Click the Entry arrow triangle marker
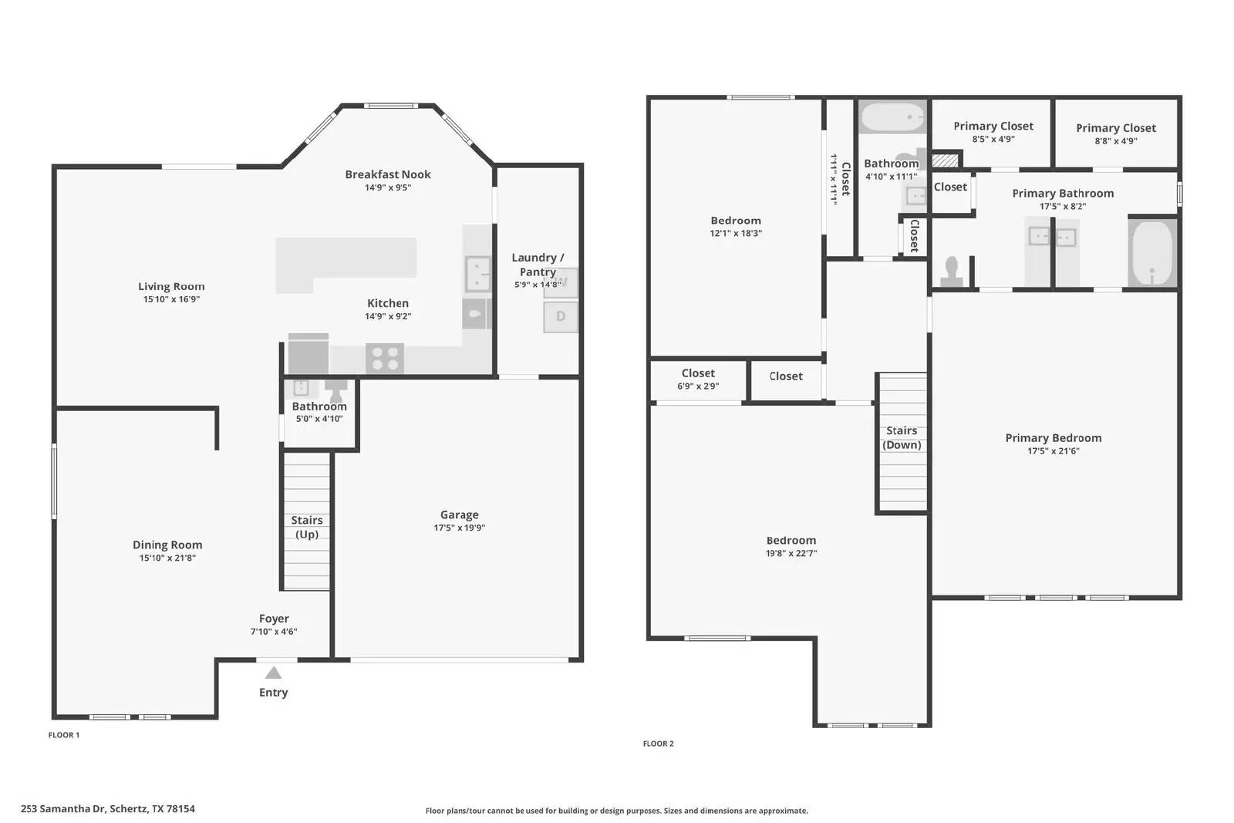[273, 673]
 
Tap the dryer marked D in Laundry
[560, 316]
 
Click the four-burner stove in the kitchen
[384, 358]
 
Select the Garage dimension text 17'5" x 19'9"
[459, 528]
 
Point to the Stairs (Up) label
[306, 528]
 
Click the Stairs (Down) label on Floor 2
[902, 437]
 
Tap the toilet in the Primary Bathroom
[951, 272]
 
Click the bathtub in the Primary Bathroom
[1152, 253]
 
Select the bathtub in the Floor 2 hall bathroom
[892, 119]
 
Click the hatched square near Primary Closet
[945, 160]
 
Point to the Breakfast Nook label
[387, 174]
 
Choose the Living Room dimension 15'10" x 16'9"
[171, 299]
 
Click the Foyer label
[274, 619]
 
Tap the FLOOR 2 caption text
[658, 744]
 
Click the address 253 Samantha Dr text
[108, 809]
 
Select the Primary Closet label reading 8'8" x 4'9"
[1115, 141]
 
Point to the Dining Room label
[167, 545]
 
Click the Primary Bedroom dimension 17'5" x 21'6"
[1053, 451]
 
